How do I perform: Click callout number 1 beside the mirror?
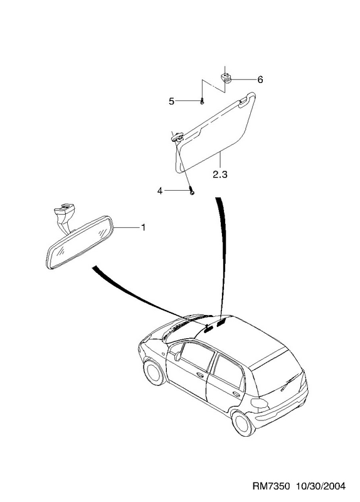click(x=144, y=227)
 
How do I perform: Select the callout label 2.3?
click(x=220, y=175)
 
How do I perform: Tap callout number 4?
click(x=160, y=191)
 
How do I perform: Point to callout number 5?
click(x=171, y=102)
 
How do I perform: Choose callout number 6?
click(x=260, y=80)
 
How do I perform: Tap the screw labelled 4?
click(x=192, y=191)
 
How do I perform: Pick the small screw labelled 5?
click(x=202, y=101)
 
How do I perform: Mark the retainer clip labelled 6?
click(x=226, y=78)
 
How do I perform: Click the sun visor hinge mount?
click(x=177, y=137)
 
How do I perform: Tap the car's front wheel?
click(x=154, y=372)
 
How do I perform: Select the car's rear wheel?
click(x=243, y=423)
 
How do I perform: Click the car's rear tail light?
click(x=259, y=403)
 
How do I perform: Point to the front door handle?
click(x=200, y=375)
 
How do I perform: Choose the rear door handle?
click(x=237, y=394)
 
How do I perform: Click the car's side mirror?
click(x=177, y=356)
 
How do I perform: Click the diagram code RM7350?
click(x=272, y=486)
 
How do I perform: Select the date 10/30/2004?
click(x=321, y=486)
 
